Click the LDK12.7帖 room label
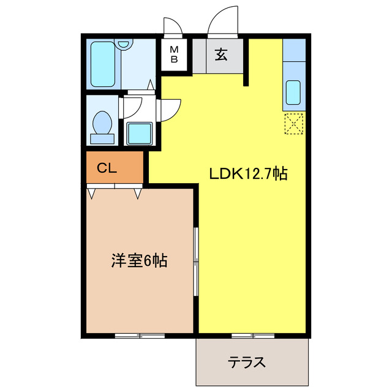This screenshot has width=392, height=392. pyautogui.click(x=249, y=173)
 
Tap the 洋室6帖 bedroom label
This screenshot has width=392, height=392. pyautogui.click(x=140, y=261)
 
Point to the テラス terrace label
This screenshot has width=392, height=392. pyautogui.click(x=247, y=362)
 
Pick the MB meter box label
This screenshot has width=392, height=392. pyautogui.click(x=174, y=55)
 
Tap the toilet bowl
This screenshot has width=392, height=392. pyautogui.click(x=101, y=124)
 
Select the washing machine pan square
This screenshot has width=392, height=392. pyautogui.click(x=139, y=132)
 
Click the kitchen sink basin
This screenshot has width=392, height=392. pyautogui.click(x=293, y=92)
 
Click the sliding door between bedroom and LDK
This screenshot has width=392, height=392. pyautogui.click(x=196, y=263)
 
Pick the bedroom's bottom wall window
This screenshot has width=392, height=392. pyautogui.click(x=140, y=335)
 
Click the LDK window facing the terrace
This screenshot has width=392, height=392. pyautogui.click(x=252, y=335)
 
